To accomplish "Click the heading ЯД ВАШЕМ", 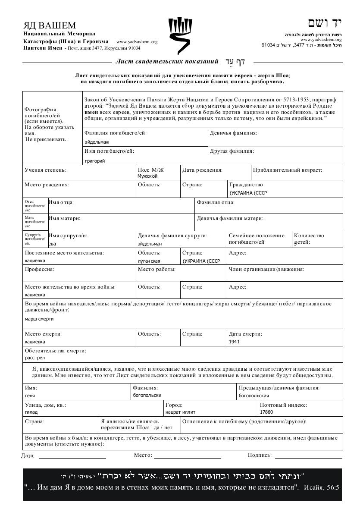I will [x=50, y=25].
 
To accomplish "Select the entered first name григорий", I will [x=95, y=161].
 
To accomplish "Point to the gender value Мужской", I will [x=147, y=176].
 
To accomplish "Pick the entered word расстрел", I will [x=35, y=358].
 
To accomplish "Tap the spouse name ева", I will [x=52, y=243].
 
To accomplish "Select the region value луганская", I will [x=149, y=261].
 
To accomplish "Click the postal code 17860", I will [x=266, y=412].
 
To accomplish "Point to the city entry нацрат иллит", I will [x=180, y=412].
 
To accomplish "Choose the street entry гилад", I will [x=31, y=412].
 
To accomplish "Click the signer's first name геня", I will [x=30, y=395].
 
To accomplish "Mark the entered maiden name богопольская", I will [x=254, y=395].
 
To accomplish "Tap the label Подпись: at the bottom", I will [x=260, y=455].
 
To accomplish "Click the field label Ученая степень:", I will [x=46, y=170].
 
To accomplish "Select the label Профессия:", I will [x=39, y=269].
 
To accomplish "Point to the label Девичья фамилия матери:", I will [x=230, y=218].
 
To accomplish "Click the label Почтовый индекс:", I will [x=283, y=405].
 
